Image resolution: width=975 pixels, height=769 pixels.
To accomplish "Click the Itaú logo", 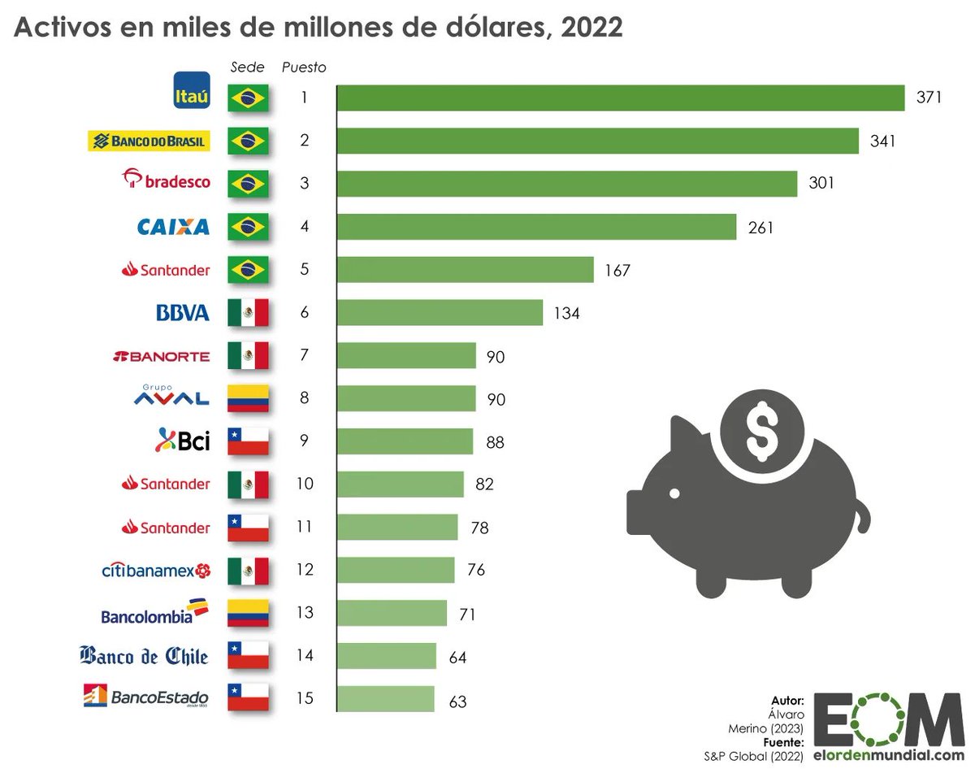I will pos(192,90).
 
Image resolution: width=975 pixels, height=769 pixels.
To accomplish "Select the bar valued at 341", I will pos(597,141).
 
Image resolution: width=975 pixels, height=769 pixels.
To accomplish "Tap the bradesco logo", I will pos(166,180).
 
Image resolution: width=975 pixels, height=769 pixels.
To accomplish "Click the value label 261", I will pos(761,228).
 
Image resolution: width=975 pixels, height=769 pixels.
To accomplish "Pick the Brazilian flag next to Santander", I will pos(248,270).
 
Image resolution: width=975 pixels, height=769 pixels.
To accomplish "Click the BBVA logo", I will pos(182,313).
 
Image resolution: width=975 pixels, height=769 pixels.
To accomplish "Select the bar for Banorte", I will pos(406,355).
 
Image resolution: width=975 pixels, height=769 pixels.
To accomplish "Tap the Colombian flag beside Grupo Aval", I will pos(248,398).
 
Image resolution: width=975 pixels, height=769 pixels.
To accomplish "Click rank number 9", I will pos(304,441).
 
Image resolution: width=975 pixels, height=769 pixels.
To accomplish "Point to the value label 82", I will pos(484,484).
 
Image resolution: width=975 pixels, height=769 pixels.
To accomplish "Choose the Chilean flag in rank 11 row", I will pos(248,528).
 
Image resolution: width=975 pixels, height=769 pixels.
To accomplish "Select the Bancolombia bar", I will pos(392,613).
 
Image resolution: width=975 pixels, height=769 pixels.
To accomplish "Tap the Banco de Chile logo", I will pos(145,656).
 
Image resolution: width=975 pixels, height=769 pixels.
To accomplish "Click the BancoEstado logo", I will pos(146,697).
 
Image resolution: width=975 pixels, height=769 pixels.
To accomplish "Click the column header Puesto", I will pos(304,67).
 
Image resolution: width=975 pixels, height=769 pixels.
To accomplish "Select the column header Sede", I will pos(248,67).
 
